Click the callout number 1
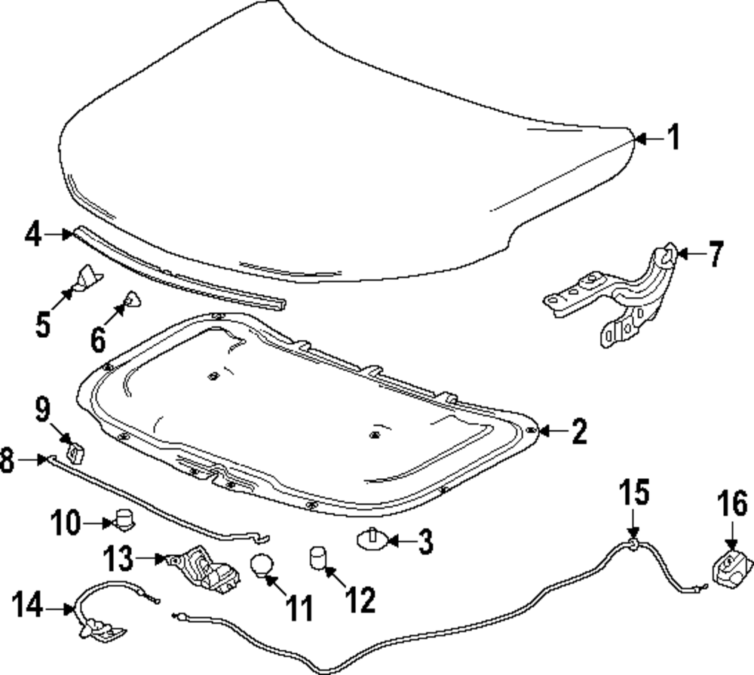click(x=674, y=137)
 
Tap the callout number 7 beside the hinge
click(x=715, y=253)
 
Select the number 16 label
click(x=732, y=503)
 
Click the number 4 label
click(x=33, y=234)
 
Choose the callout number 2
click(x=579, y=431)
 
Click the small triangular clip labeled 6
click(x=132, y=299)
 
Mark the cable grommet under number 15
click(x=633, y=543)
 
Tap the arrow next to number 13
click(x=151, y=559)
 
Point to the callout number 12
click(x=360, y=599)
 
